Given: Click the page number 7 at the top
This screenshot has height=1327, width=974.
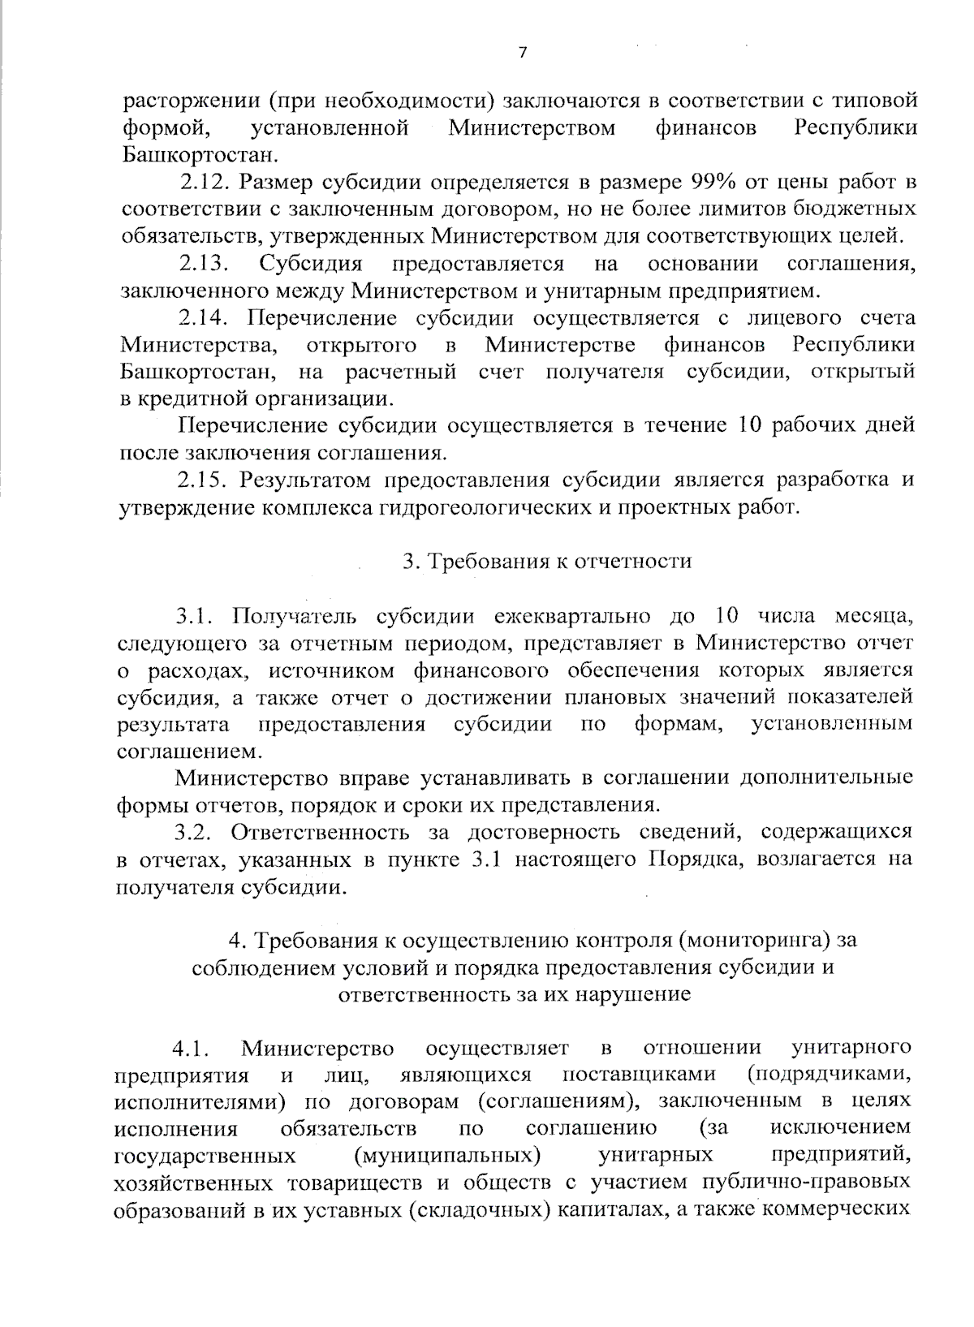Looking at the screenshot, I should [x=522, y=53].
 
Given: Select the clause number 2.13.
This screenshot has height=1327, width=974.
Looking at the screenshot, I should [x=204, y=264].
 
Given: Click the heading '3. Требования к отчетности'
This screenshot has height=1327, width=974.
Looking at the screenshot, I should [x=547, y=561].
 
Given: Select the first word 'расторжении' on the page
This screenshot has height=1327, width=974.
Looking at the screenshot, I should [x=191, y=101].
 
